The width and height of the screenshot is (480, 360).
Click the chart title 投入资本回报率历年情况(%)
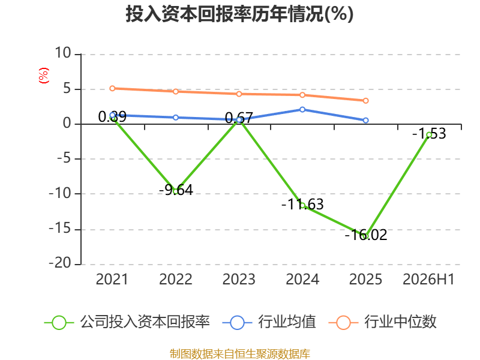click(x=239, y=14)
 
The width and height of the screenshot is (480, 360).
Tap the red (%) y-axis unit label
click(x=44, y=76)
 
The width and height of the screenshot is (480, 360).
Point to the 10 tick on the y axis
click(x=63, y=53)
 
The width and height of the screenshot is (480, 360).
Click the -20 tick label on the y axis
click(x=60, y=263)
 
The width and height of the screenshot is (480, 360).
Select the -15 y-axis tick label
click(x=60, y=229)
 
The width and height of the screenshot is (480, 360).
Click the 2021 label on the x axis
click(x=112, y=279)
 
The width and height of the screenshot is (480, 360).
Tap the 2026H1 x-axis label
click(x=428, y=279)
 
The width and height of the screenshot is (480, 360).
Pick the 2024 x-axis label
click(x=302, y=279)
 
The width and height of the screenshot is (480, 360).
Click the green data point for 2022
click(x=176, y=191)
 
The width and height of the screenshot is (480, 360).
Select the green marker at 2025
click(x=365, y=236)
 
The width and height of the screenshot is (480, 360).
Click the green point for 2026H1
click(x=429, y=134)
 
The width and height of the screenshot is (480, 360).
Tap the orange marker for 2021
click(x=112, y=88)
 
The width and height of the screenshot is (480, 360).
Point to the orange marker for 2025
click(x=365, y=101)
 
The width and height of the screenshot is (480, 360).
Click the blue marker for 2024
click(x=302, y=110)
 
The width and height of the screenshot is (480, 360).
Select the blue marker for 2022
click(x=176, y=118)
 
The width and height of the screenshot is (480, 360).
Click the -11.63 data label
click(x=302, y=204)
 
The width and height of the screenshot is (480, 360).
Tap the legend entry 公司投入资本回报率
click(x=127, y=322)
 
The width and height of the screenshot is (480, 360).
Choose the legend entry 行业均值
click(x=269, y=322)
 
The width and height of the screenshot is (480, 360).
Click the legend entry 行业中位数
click(x=382, y=322)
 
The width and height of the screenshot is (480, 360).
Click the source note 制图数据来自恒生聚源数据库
click(x=239, y=354)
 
